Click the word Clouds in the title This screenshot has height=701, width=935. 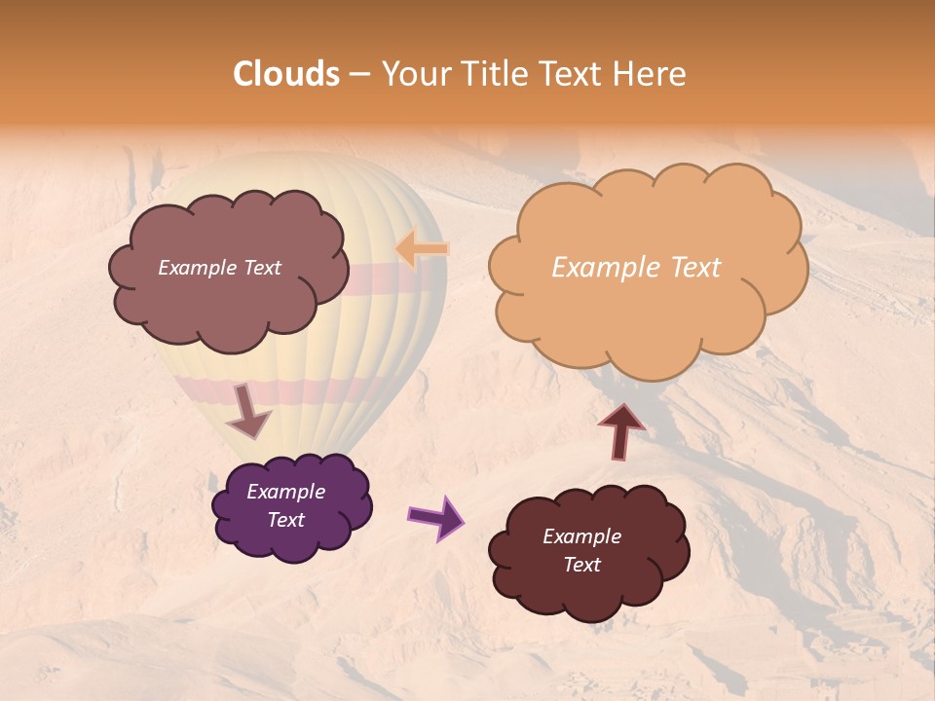(286, 74)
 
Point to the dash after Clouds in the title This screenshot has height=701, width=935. (358, 75)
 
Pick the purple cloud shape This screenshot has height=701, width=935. (292, 540)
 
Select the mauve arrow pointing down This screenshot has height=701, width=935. (248, 411)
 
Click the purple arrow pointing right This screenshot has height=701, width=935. (436, 518)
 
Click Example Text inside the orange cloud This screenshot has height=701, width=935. (636, 268)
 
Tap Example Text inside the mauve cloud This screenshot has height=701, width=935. (219, 268)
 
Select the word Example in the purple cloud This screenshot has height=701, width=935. (286, 492)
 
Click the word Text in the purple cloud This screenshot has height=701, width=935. (286, 520)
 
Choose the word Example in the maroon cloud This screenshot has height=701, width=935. (581, 536)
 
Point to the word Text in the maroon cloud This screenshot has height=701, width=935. (581, 565)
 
